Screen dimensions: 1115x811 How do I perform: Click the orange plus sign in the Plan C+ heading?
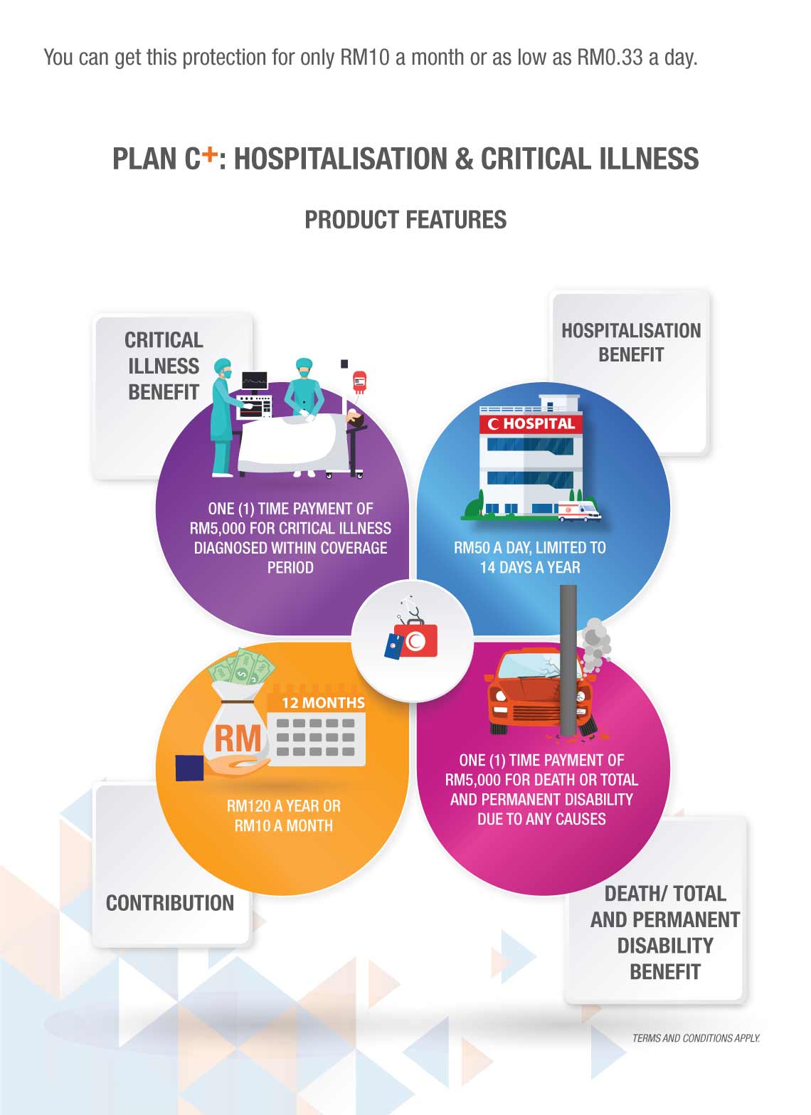point(208,153)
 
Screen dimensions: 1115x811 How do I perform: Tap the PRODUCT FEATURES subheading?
point(405,220)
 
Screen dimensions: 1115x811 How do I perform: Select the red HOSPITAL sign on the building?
point(531,424)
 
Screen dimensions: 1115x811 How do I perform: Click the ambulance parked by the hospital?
point(578,510)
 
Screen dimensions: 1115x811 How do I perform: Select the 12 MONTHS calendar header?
point(322,702)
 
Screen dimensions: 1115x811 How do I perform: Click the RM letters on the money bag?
point(238,739)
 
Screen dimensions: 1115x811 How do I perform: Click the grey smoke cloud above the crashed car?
point(595,644)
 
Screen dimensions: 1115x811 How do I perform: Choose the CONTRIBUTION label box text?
point(170,903)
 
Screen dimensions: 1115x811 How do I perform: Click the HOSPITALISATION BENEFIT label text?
point(631,342)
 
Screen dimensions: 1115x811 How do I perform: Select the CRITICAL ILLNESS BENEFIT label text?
point(164,366)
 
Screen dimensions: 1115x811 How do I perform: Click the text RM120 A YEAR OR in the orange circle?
point(283,806)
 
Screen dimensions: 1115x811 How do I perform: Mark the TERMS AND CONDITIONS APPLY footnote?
point(696,1038)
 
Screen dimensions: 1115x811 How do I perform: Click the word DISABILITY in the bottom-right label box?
point(664,946)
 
